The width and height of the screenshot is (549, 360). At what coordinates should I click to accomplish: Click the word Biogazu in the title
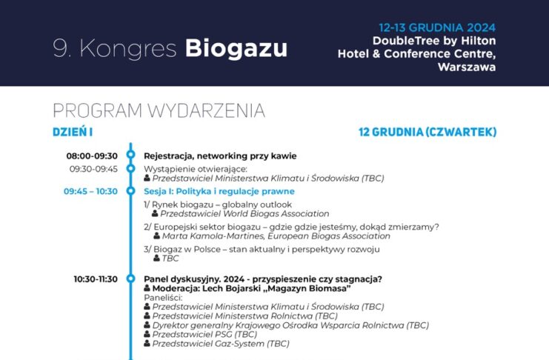click(236, 48)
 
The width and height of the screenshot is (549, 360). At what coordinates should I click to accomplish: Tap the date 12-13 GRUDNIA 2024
click(437, 27)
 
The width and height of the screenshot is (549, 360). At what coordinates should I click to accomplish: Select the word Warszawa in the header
click(467, 67)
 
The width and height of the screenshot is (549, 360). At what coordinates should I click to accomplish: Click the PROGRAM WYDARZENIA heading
click(159, 110)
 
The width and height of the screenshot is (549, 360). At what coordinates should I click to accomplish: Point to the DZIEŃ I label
click(73, 132)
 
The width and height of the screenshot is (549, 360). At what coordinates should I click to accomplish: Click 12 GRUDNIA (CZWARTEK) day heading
click(427, 132)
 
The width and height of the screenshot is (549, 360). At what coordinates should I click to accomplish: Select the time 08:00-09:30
click(92, 156)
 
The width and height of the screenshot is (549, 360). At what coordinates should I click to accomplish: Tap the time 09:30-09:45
click(93, 169)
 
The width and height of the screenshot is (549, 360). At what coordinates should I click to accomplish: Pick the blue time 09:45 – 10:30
click(90, 192)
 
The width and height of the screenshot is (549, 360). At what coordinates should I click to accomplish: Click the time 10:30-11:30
click(96, 279)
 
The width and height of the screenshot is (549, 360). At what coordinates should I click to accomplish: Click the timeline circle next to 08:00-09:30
click(131, 154)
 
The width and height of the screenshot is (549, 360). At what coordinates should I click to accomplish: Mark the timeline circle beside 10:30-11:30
click(131, 279)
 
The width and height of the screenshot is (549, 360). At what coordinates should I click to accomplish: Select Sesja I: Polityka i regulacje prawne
click(219, 192)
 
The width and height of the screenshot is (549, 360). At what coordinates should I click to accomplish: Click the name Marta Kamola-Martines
click(213, 236)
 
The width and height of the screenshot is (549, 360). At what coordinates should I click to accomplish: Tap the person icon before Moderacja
click(147, 288)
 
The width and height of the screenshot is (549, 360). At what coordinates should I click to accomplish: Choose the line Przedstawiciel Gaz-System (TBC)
click(221, 344)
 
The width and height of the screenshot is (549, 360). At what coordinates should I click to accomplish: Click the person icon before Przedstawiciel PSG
click(147, 334)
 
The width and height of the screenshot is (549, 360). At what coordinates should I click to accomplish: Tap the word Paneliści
click(163, 298)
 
